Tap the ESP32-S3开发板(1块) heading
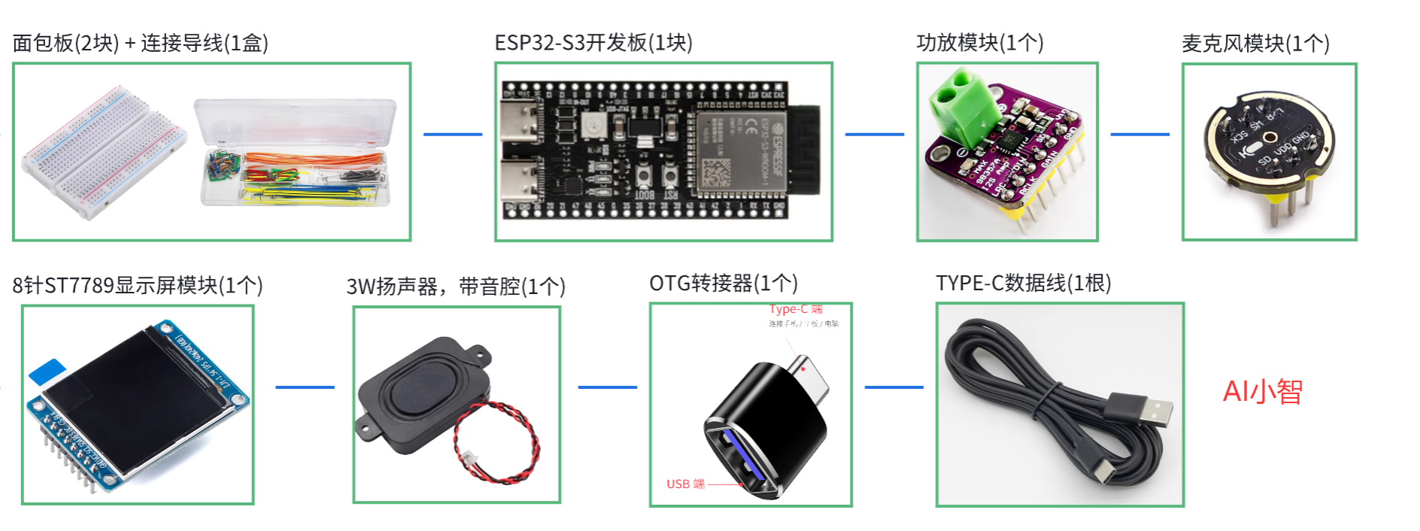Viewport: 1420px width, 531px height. [593, 43]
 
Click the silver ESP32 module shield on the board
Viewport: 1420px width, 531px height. [740, 150]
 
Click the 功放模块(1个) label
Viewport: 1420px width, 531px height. [979, 43]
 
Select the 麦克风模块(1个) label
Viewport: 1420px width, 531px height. [1255, 44]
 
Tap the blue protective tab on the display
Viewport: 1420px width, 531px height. [47, 372]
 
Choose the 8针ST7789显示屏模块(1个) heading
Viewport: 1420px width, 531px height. [138, 286]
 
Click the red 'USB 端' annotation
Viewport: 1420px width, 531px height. [685, 484]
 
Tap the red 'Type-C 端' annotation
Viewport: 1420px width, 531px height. [795, 309]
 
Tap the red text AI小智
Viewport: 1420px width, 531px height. [1262, 392]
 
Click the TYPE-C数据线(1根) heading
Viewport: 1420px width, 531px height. [1023, 284]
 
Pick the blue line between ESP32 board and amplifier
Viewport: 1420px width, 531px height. [874, 135]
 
